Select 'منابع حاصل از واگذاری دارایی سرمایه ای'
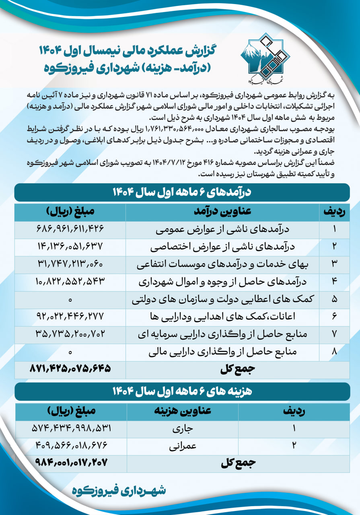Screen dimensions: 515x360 point(222,335)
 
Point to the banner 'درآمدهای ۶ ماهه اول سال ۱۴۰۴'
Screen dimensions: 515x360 point(182,193)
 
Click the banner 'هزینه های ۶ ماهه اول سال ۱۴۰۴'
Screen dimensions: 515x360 point(182,391)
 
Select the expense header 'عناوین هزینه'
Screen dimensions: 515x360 point(183,412)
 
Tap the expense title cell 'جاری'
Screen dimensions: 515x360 point(183,429)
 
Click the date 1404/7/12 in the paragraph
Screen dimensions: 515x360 point(169,164)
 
